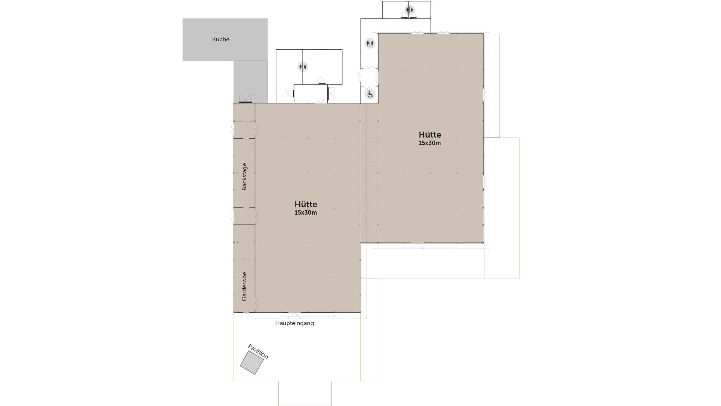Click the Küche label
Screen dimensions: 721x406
[221, 39]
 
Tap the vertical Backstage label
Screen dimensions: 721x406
[244, 176]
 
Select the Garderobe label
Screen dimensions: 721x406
[244, 286]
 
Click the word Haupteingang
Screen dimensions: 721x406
[294, 323]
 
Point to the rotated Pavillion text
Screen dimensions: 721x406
[258, 352]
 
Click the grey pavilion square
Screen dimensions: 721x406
[252, 362]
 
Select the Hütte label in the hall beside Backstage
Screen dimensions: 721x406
[306, 204]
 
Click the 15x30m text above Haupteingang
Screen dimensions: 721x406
[306, 213]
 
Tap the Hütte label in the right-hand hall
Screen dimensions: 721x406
[430, 135]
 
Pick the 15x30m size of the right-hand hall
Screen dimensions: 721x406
[430, 143]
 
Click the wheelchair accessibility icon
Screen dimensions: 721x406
[370, 94]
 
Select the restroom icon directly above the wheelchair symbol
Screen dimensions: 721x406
[370, 43]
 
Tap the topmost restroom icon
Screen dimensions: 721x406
[410, 10]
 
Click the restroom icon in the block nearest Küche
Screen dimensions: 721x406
[303, 67]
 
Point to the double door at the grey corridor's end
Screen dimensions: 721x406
[246, 99]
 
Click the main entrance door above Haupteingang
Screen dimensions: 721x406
[294, 315]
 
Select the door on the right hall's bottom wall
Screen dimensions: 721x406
[417, 246]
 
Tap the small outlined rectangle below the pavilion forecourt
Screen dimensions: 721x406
[305, 393]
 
